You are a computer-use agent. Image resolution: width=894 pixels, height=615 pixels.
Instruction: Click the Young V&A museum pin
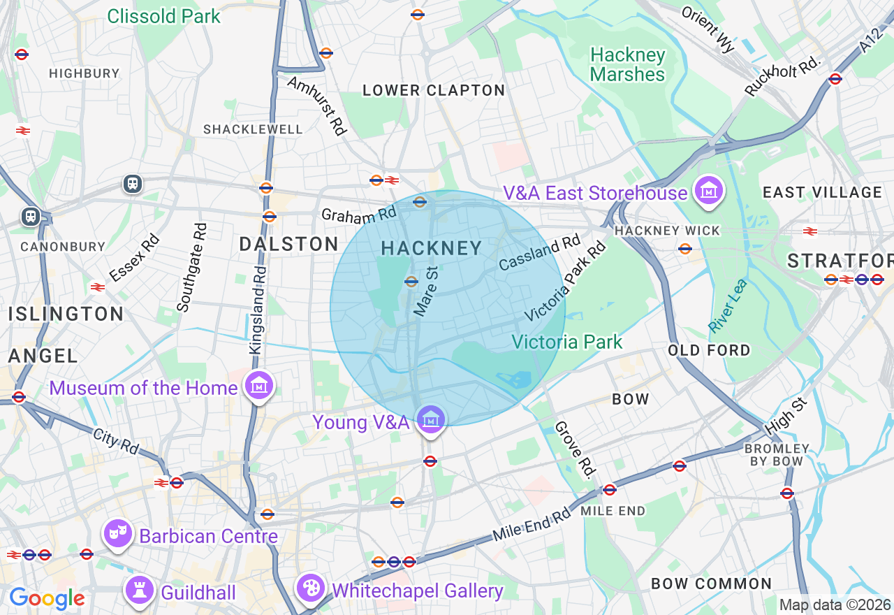tap(431, 420)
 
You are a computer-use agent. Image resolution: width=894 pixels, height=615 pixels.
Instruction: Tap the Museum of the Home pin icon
tap(258, 385)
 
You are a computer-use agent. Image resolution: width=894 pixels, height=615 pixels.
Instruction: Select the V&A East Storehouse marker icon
tap(709, 190)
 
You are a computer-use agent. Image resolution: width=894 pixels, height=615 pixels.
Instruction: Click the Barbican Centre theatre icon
tap(117, 534)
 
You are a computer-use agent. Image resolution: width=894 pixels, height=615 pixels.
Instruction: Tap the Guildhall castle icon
tap(139, 591)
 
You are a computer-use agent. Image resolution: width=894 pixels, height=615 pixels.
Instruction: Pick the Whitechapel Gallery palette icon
tap(310, 588)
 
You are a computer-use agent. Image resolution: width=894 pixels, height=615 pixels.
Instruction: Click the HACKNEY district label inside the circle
tap(432, 248)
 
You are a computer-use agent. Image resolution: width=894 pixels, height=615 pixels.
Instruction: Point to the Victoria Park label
tap(566, 342)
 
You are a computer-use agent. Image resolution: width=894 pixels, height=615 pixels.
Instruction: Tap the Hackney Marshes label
tap(627, 64)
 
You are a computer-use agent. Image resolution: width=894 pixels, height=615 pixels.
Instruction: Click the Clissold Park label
tap(164, 15)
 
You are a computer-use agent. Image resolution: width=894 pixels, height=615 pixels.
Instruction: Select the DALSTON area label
tap(288, 244)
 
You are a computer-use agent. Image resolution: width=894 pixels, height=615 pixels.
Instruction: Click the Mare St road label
tap(425, 289)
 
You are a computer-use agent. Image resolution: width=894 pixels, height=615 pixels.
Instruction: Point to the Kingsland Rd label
tap(258, 309)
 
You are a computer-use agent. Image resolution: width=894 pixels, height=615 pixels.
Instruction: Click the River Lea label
tap(727, 305)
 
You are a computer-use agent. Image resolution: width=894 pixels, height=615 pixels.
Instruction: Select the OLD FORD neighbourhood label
tap(709, 350)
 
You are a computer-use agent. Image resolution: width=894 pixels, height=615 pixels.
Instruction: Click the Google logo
tap(47, 599)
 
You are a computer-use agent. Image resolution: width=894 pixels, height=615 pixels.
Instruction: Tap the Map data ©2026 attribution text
tap(835, 605)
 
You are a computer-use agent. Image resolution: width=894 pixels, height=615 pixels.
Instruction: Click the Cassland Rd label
tap(539, 252)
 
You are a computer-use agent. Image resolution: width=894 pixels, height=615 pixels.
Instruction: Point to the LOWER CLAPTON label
tap(434, 90)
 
